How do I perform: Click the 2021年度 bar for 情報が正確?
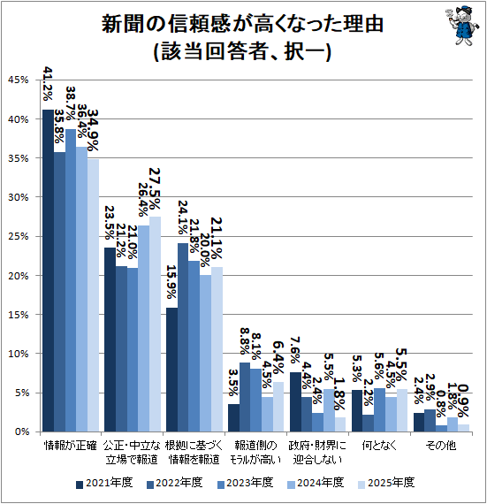(x=49, y=271)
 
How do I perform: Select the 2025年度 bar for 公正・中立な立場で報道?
(x=155, y=324)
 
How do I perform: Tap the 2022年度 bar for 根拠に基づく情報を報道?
(x=183, y=337)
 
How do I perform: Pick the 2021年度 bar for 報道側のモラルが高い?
(x=233, y=417)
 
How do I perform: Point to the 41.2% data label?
(x=48, y=86)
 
